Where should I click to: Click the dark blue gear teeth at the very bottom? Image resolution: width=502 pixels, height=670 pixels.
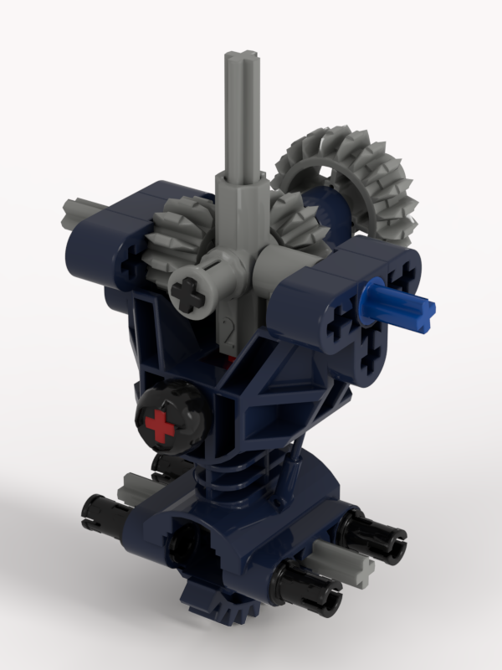[x=209, y=611]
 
